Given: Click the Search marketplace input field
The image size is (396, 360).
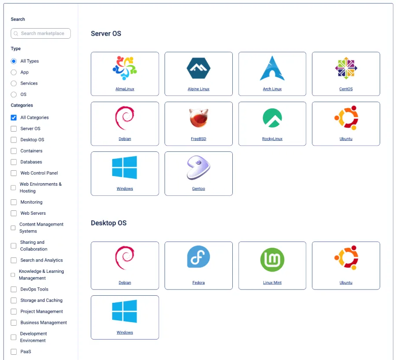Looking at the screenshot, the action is coord(40,33).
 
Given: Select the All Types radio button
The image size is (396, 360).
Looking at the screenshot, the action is coord(14,61).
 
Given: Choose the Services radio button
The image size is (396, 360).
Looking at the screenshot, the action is coord(14,83).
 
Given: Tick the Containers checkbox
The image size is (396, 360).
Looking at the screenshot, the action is coord(14,151).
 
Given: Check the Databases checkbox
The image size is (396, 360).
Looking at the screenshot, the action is coord(14,162).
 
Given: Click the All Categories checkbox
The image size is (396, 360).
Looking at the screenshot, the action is coord(14,118).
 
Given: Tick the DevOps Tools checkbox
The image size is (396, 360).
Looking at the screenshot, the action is coord(14,289).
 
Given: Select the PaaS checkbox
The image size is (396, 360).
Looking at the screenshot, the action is coord(14,352).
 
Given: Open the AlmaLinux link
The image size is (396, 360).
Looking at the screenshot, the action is coord(125,89).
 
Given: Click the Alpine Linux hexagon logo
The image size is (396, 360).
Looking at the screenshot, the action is coord(198,68).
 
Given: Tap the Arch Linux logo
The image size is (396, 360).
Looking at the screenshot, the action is coord(272,68).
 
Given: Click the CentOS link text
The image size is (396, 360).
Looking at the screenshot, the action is coord(346,89).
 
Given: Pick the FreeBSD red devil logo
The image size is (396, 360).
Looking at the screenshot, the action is coord(199,118).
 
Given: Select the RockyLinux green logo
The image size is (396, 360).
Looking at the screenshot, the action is coord(272,118).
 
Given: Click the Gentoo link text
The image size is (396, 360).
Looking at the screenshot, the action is coord(198,189).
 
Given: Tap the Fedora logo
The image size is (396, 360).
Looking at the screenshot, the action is coord(198,257).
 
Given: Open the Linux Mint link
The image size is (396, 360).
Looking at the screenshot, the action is coord(272,283).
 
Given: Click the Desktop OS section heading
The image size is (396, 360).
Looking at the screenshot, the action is coord(109,223).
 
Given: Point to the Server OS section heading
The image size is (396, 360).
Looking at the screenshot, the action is coord(106,33).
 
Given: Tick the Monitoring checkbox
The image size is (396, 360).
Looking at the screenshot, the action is coord(14,202).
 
